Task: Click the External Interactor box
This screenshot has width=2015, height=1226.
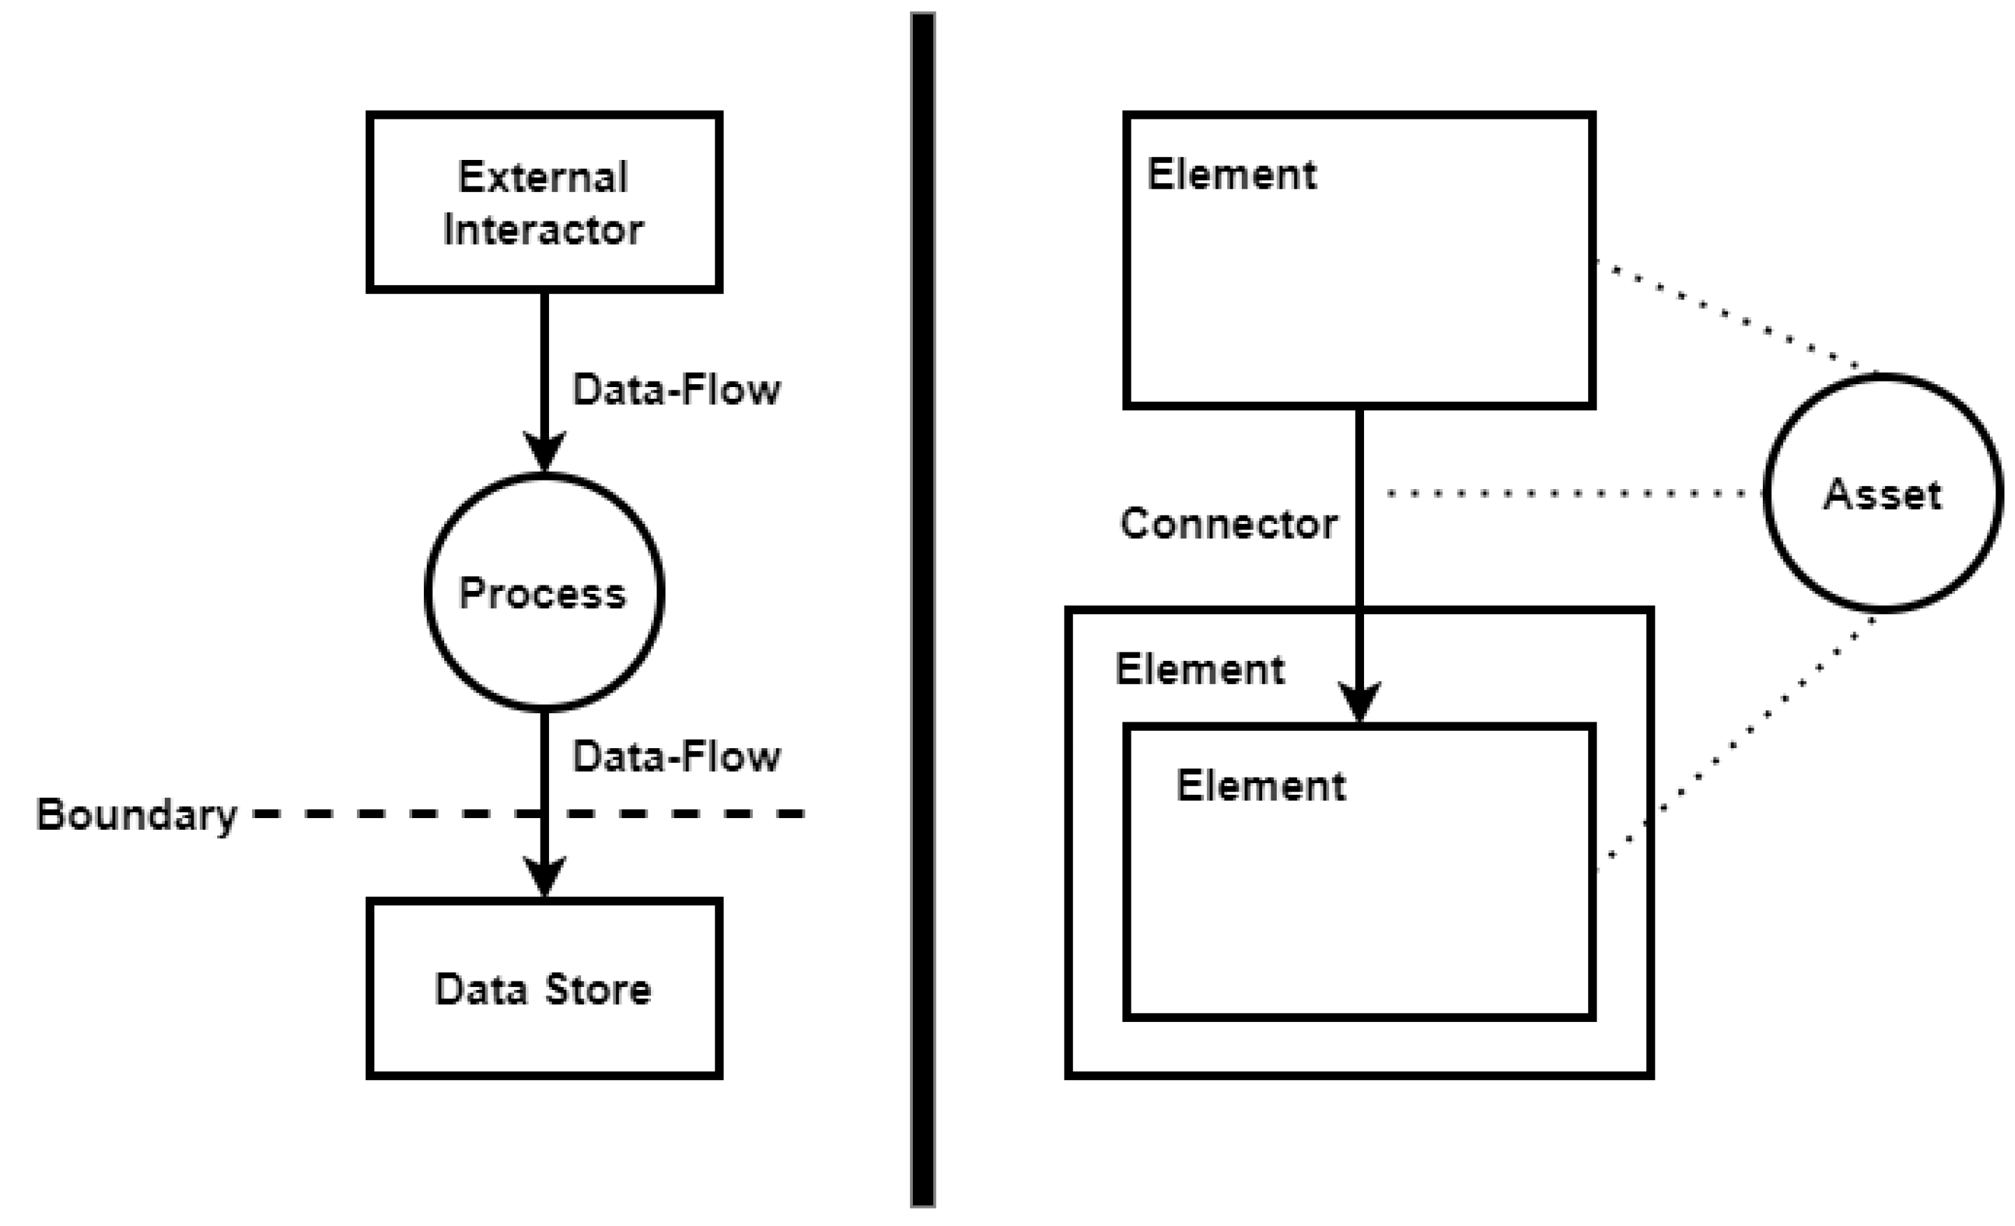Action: [x=544, y=201]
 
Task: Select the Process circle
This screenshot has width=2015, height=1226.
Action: [x=544, y=592]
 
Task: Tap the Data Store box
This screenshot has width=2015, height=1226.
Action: [x=544, y=988]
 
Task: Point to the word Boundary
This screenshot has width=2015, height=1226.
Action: [x=137, y=815]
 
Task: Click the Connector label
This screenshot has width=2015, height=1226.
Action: [x=1229, y=523]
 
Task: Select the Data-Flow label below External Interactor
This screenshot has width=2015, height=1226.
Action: [x=676, y=389]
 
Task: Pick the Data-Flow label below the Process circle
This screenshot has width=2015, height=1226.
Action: [x=676, y=757]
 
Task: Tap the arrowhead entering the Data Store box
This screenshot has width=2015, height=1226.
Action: [x=544, y=877]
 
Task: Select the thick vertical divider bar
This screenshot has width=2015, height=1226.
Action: [x=923, y=609]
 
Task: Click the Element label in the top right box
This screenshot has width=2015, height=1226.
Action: [x=1231, y=174]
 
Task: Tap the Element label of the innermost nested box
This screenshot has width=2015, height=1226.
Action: [x=1260, y=786]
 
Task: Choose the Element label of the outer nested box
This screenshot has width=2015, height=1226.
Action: [x=1200, y=670]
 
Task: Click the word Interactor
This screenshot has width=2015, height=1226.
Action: [x=543, y=230]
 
